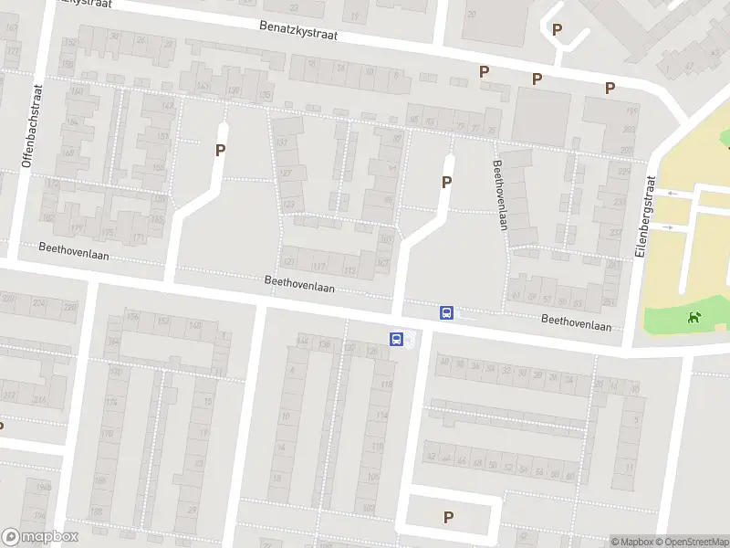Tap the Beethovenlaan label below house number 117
pyautogui.click(x=299, y=287)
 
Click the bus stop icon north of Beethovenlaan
pyautogui.click(x=447, y=312)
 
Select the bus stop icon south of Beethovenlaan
pyautogui.click(x=397, y=339)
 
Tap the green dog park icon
pyautogui.click(x=694, y=318)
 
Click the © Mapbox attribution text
pyautogui.click(x=631, y=542)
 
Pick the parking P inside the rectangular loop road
pyautogui.click(x=448, y=517)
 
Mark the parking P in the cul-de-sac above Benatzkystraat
pyautogui.click(x=557, y=29)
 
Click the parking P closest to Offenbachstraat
pyautogui.click(x=220, y=151)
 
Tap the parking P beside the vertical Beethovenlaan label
pyautogui.click(x=446, y=182)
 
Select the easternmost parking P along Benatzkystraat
pyautogui.click(x=610, y=88)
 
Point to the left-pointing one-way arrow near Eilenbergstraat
pyautogui.click(x=671, y=193)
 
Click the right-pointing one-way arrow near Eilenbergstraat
pyautogui.click(x=669, y=227)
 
